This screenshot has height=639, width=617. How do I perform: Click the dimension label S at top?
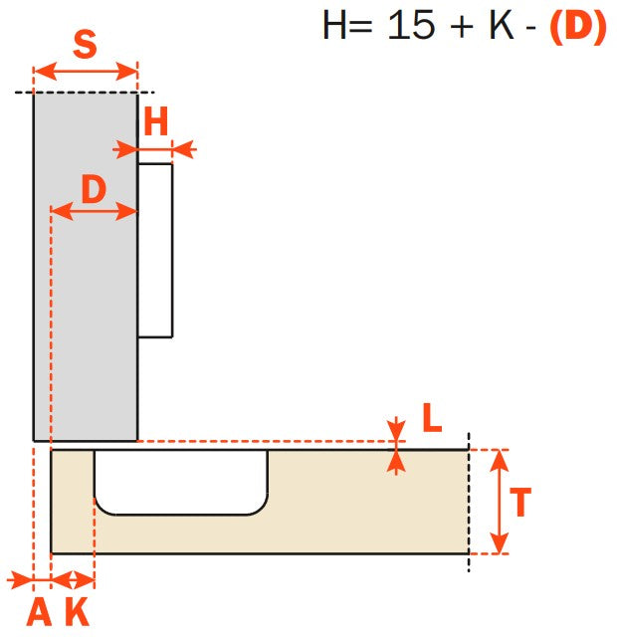click(86, 45)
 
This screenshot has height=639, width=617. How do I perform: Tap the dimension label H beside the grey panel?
click(155, 122)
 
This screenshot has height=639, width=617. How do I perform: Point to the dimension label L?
click(431, 419)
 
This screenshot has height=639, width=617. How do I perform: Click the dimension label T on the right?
click(519, 502)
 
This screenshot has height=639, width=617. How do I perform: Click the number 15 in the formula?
click(413, 26)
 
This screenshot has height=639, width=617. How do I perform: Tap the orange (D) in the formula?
click(577, 26)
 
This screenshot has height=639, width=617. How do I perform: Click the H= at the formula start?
click(348, 26)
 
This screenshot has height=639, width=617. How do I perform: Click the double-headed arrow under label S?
click(86, 72)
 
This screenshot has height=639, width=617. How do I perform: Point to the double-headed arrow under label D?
click(94, 211)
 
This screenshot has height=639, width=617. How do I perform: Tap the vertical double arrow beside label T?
click(499, 502)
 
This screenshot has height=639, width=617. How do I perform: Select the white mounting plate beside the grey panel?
click(155, 251)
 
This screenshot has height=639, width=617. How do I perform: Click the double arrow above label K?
click(72, 578)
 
